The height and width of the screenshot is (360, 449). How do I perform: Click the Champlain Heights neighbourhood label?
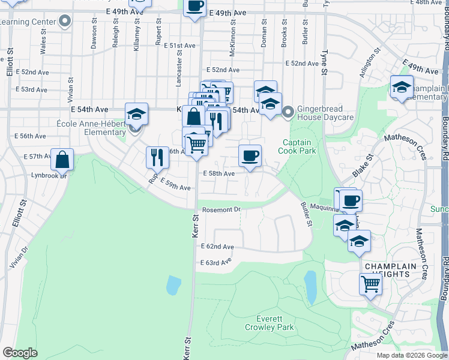[x=387, y=269]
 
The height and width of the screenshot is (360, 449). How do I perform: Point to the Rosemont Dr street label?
[x=221, y=209]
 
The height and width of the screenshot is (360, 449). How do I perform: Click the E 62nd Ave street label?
[x=217, y=247]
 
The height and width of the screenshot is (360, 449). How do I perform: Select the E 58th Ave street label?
[x=218, y=173]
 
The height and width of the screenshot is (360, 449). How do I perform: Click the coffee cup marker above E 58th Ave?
[x=250, y=156]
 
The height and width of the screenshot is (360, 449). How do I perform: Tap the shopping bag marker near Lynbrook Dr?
[x=62, y=160]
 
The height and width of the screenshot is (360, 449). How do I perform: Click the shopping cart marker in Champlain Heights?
[x=371, y=284]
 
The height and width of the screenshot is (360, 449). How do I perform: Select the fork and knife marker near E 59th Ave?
[x=157, y=157]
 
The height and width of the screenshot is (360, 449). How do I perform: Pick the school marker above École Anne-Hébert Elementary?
[x=136, y=114]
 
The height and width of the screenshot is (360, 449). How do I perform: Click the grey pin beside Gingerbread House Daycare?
[x=288, y=111]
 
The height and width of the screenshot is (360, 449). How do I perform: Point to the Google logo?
[x=20, y=353]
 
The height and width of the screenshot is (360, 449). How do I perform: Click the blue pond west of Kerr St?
[x=173, y=285]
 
